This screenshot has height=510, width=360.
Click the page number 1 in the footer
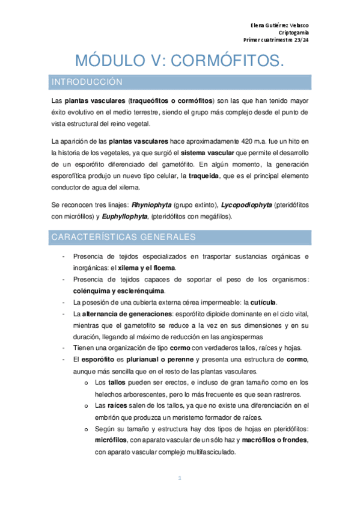click(179, 479)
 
